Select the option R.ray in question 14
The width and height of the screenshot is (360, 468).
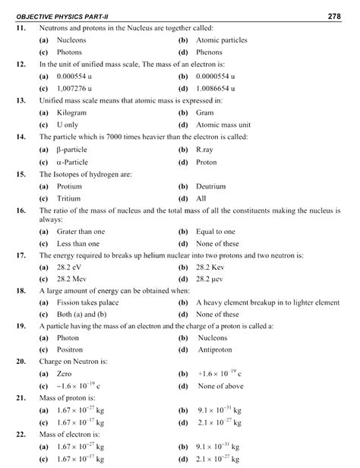(206, 150)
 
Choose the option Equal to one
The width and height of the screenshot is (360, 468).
(216, 232)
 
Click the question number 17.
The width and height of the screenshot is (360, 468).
(21, 256)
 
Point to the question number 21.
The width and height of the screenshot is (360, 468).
(21, 398)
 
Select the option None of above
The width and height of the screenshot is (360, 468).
(221, 387)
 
